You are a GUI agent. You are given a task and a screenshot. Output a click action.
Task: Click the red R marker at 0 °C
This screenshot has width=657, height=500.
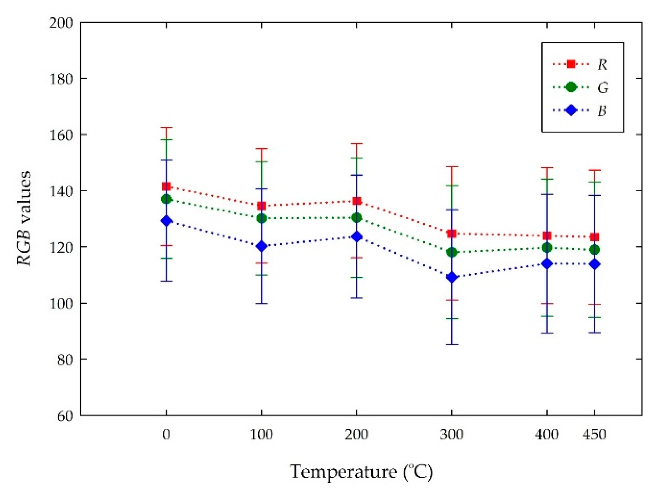click(166, 186)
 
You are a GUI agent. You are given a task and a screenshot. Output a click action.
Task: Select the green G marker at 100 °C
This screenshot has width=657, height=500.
click(261, 218)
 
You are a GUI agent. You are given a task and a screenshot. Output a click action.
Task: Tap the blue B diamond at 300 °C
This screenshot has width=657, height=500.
click(452, 277)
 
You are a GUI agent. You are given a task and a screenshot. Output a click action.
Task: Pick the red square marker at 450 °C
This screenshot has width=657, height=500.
click(595, 237)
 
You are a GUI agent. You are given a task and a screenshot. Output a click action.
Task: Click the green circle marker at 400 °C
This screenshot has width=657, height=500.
click(547, 248)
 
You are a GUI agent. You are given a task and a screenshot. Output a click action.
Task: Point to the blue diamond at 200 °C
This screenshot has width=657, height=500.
click(357, 236)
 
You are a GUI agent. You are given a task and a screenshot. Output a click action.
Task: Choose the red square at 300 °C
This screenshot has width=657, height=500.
click(452, 234)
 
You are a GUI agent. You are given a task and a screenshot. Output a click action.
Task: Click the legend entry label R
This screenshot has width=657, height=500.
click(602, 65)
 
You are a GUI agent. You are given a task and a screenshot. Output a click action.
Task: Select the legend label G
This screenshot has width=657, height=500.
click(603, 88)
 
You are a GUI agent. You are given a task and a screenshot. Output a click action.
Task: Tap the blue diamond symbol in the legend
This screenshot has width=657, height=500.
click(571, 110)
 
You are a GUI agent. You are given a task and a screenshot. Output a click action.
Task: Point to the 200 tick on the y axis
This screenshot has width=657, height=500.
click(61, 23)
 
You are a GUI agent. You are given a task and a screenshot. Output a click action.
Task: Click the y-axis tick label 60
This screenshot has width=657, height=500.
click(65, 416)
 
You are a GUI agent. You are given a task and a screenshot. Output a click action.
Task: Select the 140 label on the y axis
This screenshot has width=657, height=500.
click(61, 191)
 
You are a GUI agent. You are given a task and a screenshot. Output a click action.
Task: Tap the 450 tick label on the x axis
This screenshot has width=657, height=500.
click(594, 434)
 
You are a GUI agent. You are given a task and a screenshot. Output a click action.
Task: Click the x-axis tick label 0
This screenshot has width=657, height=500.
click(166, 434)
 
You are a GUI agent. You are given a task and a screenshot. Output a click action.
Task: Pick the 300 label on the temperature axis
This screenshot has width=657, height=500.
click(452, 434)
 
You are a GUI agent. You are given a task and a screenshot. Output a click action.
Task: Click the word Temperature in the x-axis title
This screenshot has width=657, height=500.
click(343, 472)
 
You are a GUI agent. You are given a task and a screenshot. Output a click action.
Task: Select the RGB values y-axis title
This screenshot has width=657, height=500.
click(24, 219)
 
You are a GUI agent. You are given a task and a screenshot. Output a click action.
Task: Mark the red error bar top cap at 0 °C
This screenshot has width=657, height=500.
click(166, 127)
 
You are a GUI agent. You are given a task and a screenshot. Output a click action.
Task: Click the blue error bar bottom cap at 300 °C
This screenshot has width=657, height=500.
click(452, 344)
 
